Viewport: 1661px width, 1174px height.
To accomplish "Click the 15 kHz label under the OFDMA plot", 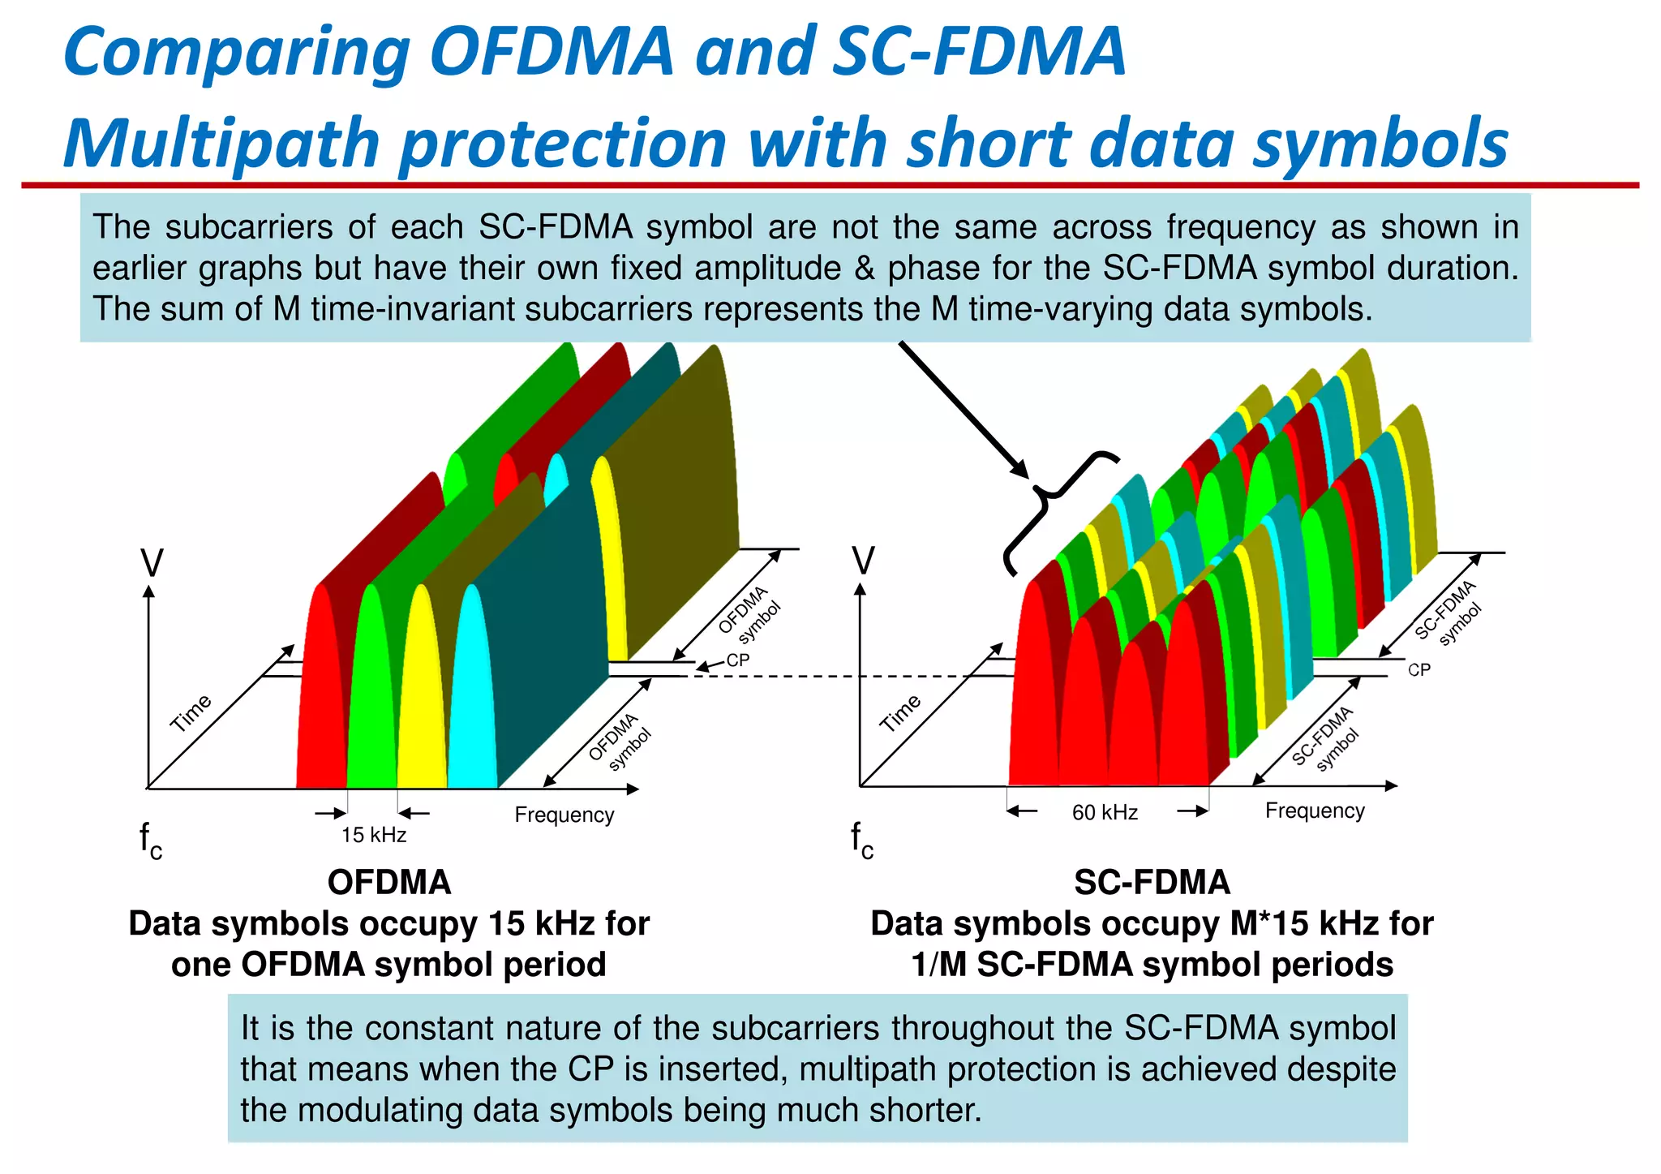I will click(x=373, y=835).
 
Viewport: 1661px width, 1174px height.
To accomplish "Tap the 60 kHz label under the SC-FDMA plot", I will click(x=1105, y=812).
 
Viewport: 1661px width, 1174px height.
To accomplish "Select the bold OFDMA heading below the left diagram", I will click(x=388, y=882).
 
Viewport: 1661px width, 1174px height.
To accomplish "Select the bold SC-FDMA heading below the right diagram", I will click(x=1152, y=882).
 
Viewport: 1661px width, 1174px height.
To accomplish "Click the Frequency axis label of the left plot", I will click(x=564, y=815).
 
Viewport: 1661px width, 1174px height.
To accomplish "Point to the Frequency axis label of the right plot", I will click(x=1315, y=811).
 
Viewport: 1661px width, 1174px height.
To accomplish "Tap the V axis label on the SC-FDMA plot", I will click(x=864, y=560).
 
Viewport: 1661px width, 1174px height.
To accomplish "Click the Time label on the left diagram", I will click(x=191, y=712).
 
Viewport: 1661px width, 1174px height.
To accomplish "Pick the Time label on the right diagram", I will click(x=901, y=712).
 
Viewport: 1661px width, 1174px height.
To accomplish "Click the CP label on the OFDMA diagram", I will click(x=737, y=660).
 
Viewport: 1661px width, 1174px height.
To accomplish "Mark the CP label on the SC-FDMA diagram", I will click(x=1419, y=670).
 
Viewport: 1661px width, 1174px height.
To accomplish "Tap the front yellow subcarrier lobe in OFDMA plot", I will click(x=422, y=698).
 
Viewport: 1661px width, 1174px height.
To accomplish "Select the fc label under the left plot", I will click(x=150, y=841).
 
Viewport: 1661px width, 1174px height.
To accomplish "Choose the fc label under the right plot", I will click(x=862, y=841).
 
